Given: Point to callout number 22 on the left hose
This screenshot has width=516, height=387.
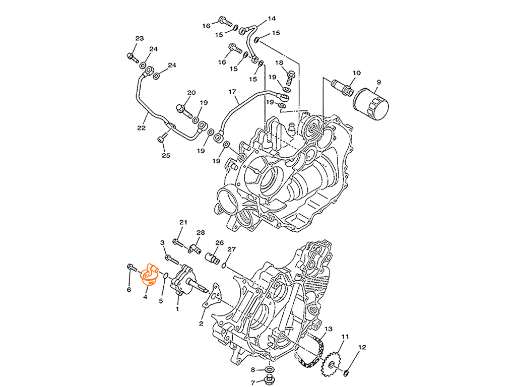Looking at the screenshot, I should click(x=142, y=129).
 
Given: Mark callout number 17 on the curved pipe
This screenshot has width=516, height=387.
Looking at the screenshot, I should click(x=232, y=92).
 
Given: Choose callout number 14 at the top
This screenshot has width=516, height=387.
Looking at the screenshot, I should click(x=272, y=19).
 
